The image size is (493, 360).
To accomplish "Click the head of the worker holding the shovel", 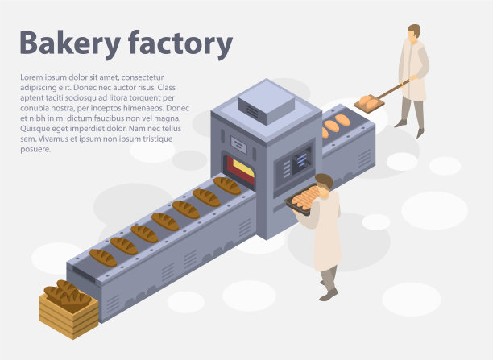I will click(413, 32).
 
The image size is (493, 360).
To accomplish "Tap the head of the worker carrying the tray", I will click(324, 182).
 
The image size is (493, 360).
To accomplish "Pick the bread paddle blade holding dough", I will click(369, 103).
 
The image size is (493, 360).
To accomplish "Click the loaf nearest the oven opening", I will click(227, 186).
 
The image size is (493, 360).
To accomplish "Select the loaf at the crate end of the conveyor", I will click(103, 258).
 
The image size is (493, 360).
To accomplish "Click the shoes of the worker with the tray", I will click(327, 292).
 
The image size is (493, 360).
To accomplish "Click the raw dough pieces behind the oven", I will click(336, 123).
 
